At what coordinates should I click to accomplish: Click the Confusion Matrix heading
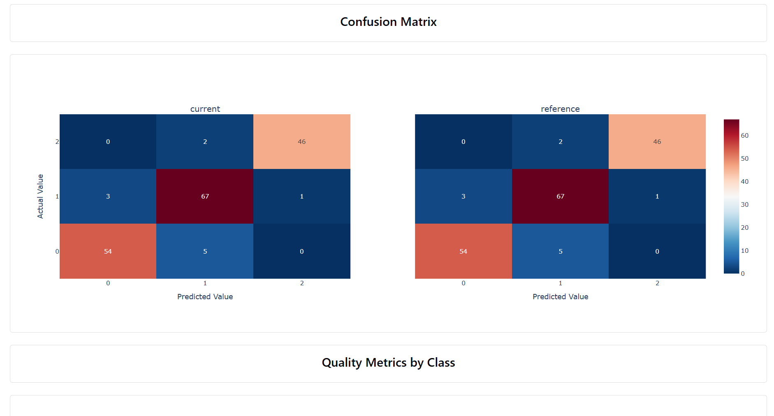[388, 22]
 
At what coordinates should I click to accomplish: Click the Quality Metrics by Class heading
[388, 363]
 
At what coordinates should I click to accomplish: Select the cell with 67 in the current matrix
[205, 196]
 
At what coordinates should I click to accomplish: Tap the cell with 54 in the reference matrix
[463, 251]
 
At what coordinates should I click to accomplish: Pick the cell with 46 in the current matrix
[301, 141]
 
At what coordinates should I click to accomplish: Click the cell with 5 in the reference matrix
[560, 251]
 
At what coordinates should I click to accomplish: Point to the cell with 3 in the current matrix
[108, 196]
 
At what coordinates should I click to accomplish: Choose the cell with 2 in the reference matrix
[560, 141]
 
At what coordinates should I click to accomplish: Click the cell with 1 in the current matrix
[301, 196]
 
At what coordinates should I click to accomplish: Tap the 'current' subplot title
[205, 109]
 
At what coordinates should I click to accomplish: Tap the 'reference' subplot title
[560, 109]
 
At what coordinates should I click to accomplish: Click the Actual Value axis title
[40, 196]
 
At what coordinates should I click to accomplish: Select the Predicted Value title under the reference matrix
[560, 297]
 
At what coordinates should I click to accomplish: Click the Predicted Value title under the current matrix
[205, 297]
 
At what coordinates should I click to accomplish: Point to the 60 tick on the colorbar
[744, 136]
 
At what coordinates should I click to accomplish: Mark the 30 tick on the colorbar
[744, 205]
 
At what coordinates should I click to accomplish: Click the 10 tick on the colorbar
[744, 251]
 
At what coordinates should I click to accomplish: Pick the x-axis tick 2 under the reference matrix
[657, 283]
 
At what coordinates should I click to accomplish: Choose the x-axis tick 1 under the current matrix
[205, 283]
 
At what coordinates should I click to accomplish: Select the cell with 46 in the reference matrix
[657, 141]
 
